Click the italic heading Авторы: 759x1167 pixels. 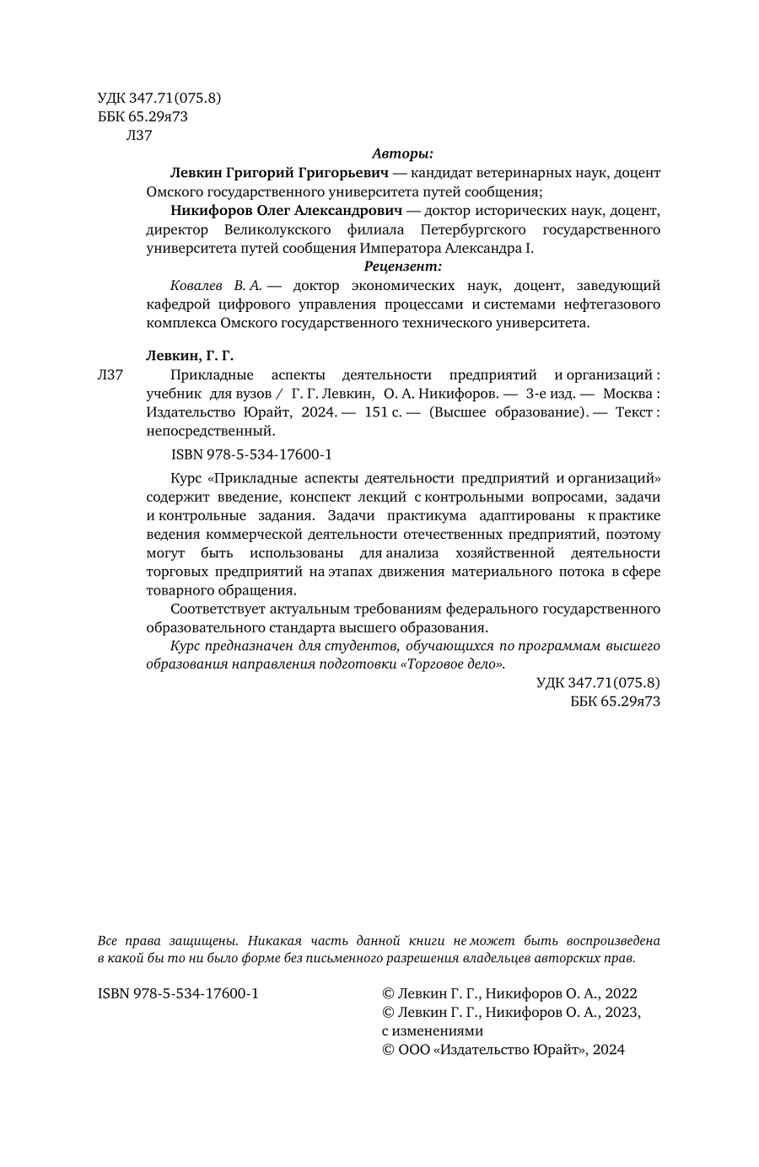402,153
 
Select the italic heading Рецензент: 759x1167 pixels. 402,266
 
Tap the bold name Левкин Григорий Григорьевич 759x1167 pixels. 278,172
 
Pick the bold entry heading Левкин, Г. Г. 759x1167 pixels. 184,356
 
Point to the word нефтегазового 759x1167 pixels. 612,304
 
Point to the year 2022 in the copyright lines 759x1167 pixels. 620,993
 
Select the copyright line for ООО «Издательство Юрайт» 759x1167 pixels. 503,1050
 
